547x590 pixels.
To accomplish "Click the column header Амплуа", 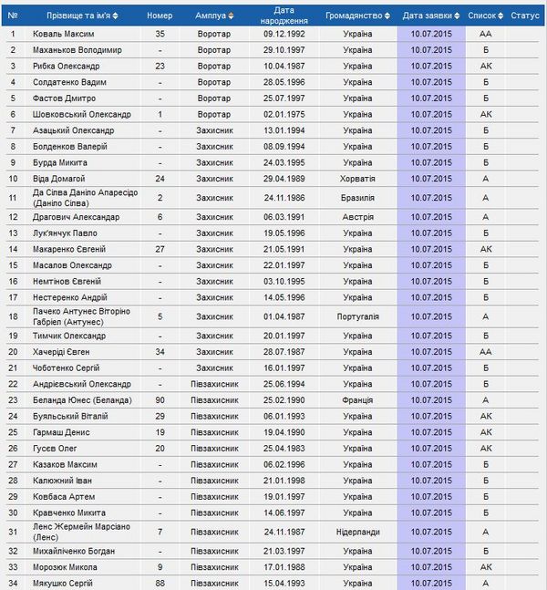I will pos(211,16).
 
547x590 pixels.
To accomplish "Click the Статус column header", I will pos(525,16).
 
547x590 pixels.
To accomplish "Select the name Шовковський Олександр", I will pos(82,114).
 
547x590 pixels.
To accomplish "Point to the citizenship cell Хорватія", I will pos(357,179).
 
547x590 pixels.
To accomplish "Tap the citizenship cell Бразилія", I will pos(357,198).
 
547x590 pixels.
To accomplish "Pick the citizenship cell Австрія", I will pos(357,217).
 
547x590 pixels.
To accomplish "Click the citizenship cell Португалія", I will pos(357,316).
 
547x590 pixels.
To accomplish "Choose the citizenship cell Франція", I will pos(357,400).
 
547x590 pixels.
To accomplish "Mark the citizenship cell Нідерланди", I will pos(357,532).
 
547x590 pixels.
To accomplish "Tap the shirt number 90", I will pos(160,400).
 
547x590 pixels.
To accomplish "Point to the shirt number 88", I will pos(160,583).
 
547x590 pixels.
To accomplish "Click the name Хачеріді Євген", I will pos(67,351).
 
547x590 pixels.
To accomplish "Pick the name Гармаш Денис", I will pos(62,432).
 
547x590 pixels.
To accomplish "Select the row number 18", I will pos(13,316).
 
